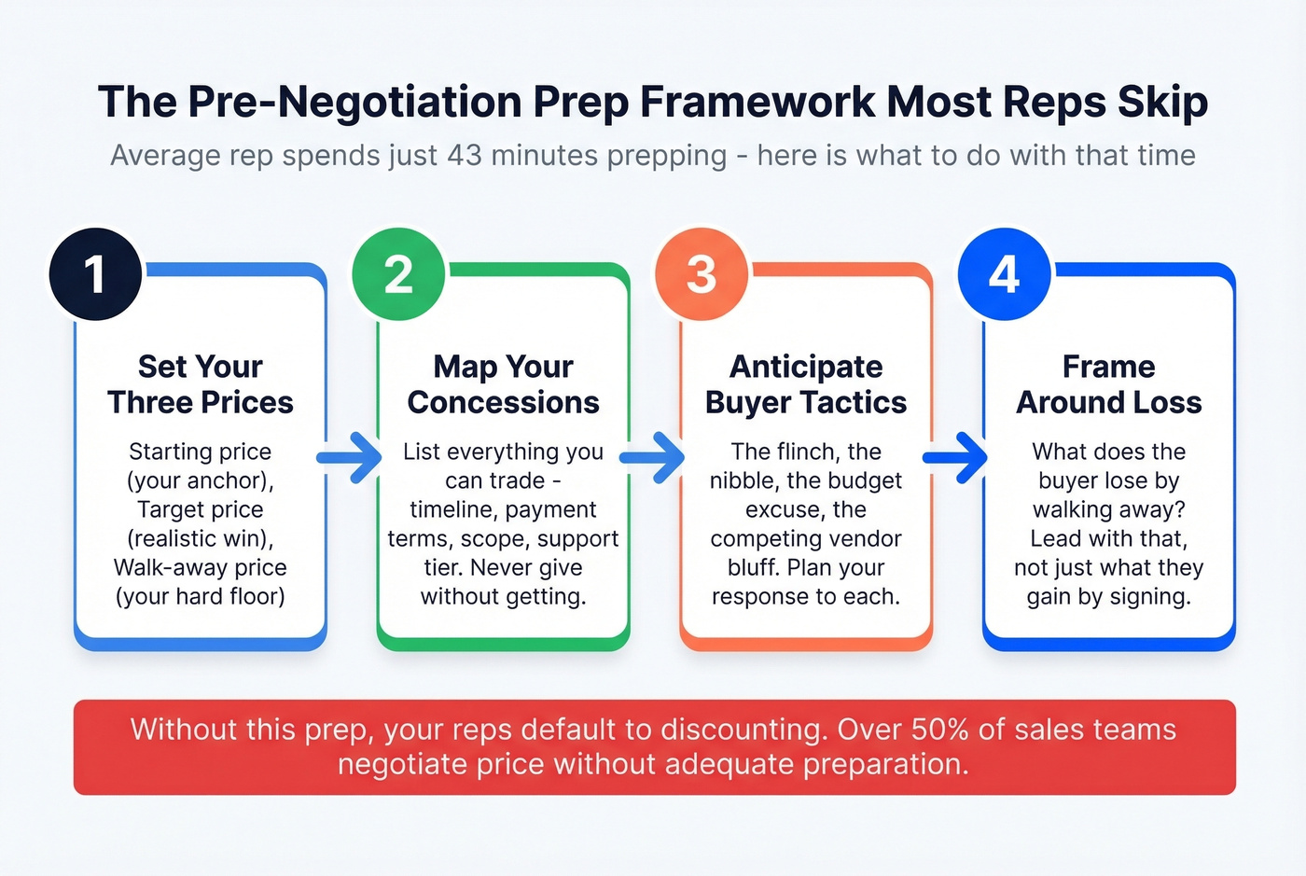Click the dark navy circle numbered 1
95,274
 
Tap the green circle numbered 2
398,274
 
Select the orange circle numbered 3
702,274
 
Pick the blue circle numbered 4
1005,274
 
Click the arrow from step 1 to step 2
350,457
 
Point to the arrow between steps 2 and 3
653,457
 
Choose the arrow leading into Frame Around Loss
956,457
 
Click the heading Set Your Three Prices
201,384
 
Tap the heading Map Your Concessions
504,384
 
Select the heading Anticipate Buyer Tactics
806,384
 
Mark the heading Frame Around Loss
1109,384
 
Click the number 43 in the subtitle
465,155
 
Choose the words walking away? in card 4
1109,509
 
